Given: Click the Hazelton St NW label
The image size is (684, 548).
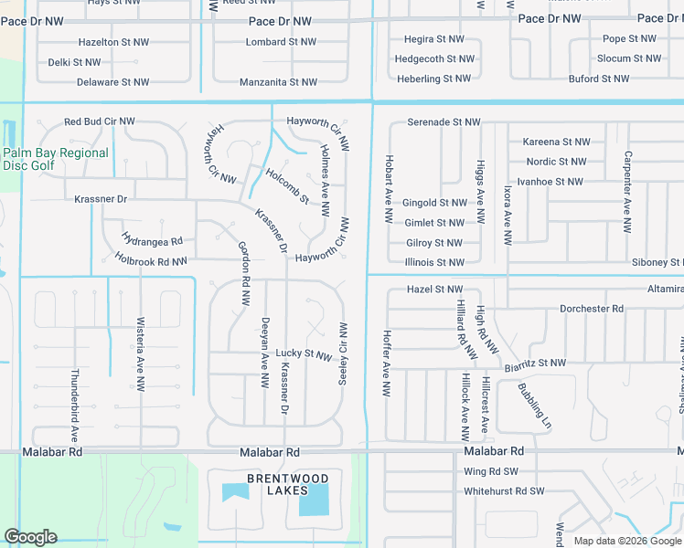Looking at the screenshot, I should [x=113, y=42].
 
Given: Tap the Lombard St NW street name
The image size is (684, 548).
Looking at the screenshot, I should [x=280, y=42].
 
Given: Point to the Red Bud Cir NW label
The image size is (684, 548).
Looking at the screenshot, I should [x=100, y=121].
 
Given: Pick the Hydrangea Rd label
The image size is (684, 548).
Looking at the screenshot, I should [x=152, y=241].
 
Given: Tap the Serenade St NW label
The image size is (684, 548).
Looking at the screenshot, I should [x=444, y=121].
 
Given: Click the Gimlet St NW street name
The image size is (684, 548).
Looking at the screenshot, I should [x=434, y=223].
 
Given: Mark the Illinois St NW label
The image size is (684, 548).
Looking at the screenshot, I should [x=434, y=262].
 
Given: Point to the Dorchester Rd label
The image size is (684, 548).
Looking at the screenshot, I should [x=592, y=309].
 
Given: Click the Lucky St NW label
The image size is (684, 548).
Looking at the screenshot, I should [x=304, y=353].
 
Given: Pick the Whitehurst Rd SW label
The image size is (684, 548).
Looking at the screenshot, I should [x=504, y=491].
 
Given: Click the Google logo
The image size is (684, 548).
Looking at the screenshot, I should [x=30, y=537].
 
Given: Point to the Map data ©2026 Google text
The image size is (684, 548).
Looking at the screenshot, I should [x=627, y=541].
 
